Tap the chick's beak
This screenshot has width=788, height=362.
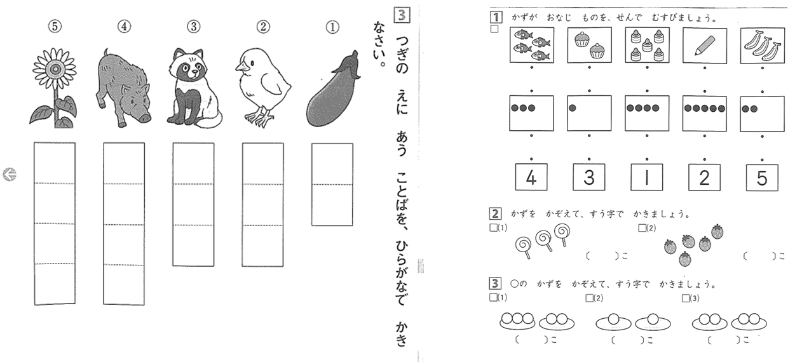pyautogui.click(x=240, y=67)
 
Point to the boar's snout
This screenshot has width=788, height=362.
pyautogui.click(x=145, y=117)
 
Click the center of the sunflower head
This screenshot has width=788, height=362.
pyautogui.click(x=55, y=69)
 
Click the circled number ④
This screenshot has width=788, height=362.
pyautogui.click(x=124, y=27)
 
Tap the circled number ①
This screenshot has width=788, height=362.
pyautogui.click(x=332, y=27)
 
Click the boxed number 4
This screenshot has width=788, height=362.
pyautogui.click(x=531, y=177)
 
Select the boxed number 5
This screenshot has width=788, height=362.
pyautogui.click(x=762, y=178)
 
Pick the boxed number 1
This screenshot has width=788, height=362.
pyautogui.click(x=646, y=177)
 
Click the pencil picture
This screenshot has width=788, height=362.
pyautogui.click(x=705, y=46)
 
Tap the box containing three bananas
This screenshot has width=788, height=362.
pyautogui.click(x=763, y=46)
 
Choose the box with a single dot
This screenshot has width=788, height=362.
pyautogui.click(x=589, y=113)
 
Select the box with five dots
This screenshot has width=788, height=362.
pyautogui.click(x=705, y=114)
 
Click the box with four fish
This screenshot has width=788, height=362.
pyautogui.click(x=531, y=45)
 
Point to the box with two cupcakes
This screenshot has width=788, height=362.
pyautogui.click(x=589, y=45)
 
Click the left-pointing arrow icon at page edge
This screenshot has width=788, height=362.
pyautogui.click(x=10, y=174)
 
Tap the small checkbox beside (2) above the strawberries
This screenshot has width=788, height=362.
pyautogui.click(x=642, y=228)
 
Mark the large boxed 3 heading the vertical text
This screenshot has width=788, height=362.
pyautogui.click(x=402, y=15)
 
